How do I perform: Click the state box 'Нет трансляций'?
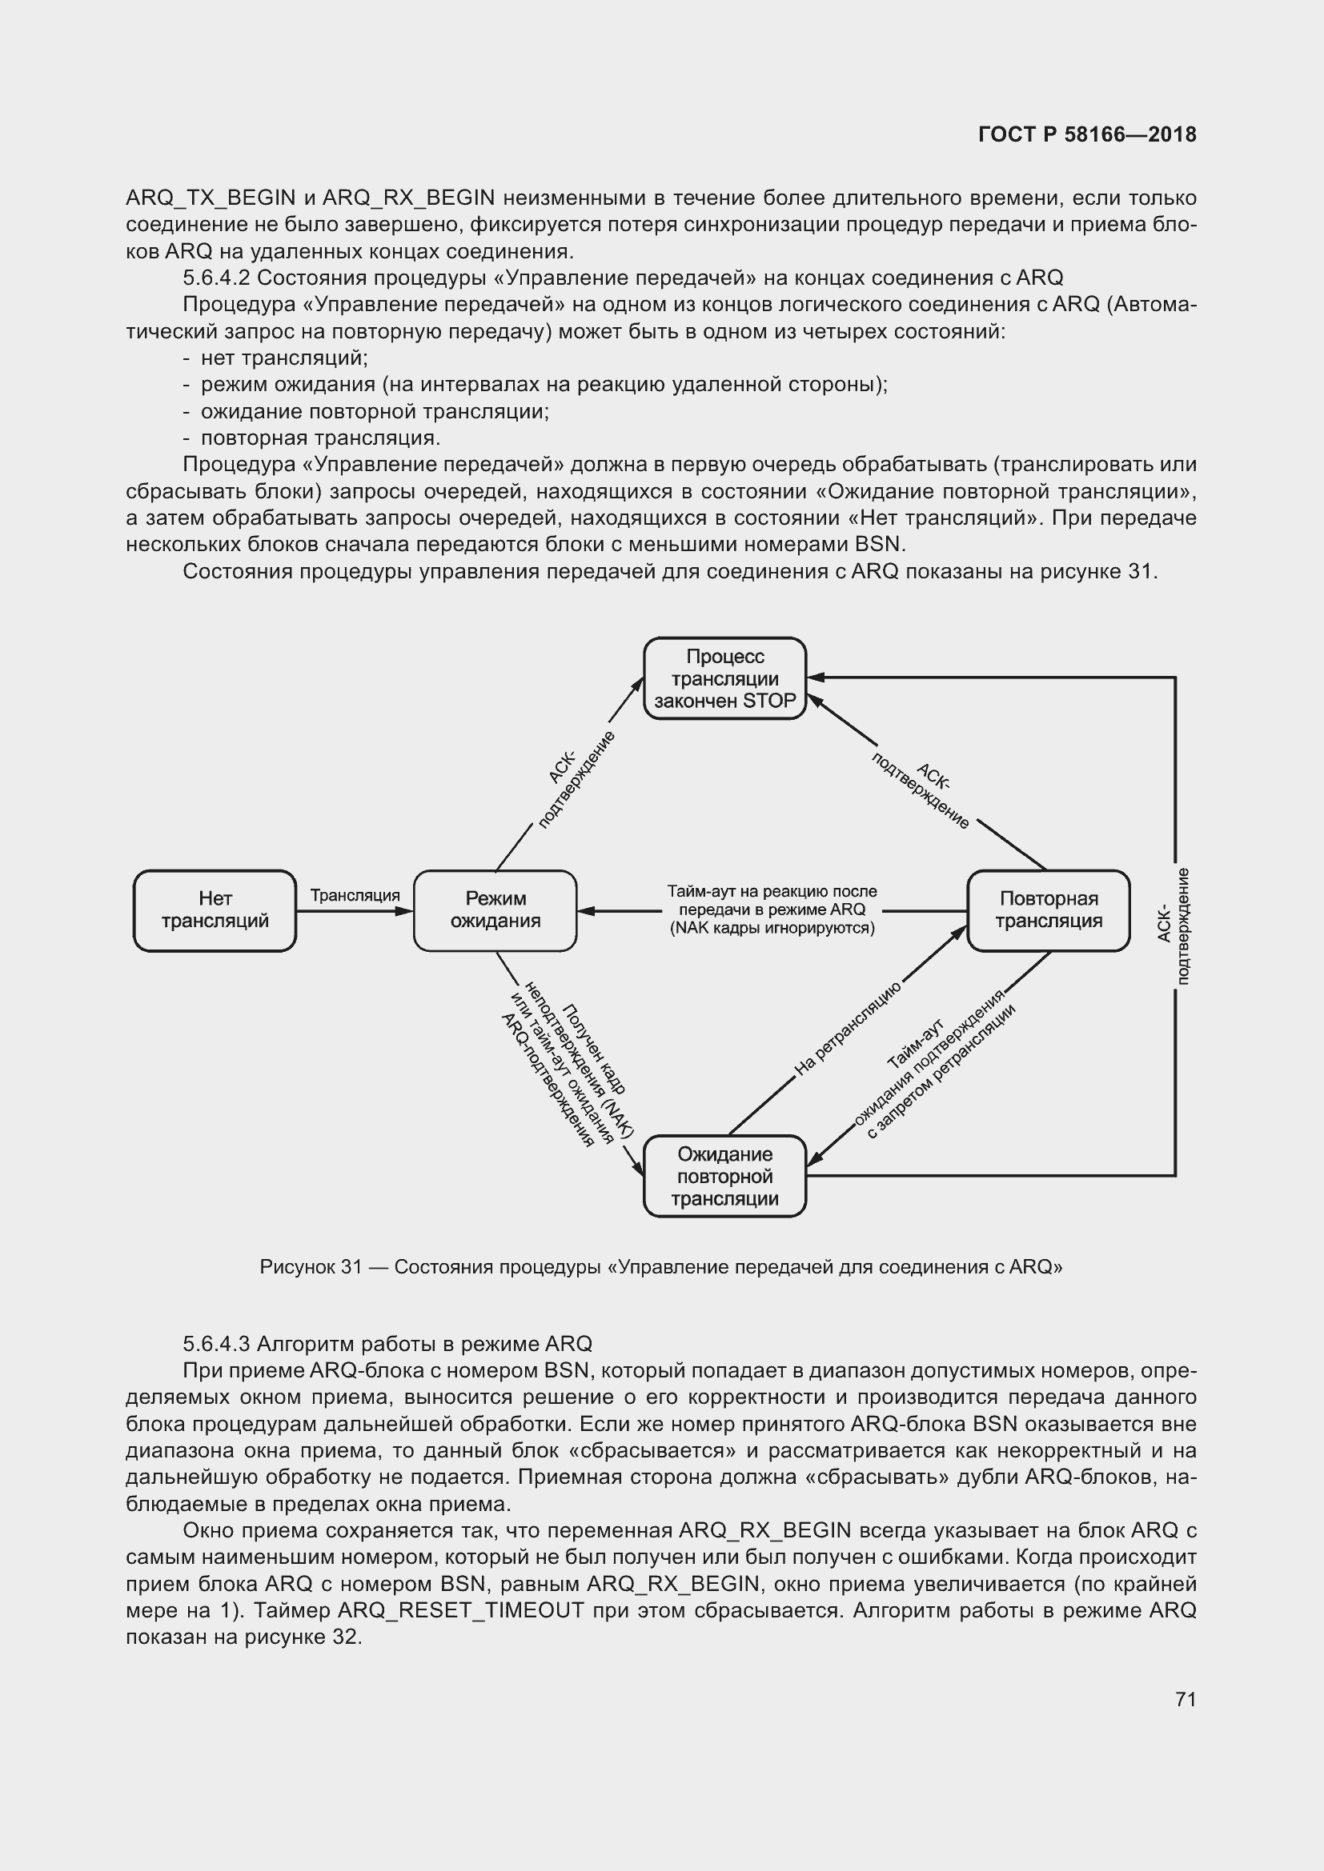point(215,910)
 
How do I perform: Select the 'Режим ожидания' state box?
point(495,910)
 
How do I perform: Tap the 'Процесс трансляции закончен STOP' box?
point(724,678)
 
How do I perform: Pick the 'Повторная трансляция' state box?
point(1049,910)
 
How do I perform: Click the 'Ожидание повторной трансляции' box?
point(724,1176)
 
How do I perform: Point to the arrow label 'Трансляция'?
point(355,895)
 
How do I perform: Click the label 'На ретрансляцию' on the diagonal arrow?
point(847,1029)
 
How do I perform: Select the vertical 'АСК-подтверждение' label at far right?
point(1174,926)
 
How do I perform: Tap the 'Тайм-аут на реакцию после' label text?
point(771,891)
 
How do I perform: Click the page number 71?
point(1186,1699)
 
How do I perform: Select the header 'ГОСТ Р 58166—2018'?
point(1087,134)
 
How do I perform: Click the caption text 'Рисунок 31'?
point(311,1266)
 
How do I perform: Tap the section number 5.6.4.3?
point(216,1344)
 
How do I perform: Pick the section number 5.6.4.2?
point(216,278)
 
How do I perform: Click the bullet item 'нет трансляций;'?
point(284,358)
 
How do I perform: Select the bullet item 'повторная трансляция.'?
point(320,438)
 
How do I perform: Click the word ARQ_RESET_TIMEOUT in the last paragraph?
point(460,1610)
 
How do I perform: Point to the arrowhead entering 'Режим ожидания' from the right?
point(584,910)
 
